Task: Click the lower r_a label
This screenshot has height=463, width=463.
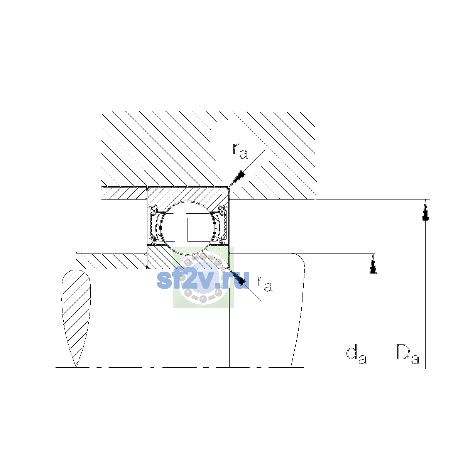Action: pos(265,284)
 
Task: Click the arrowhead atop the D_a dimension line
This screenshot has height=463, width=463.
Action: pos(425,210)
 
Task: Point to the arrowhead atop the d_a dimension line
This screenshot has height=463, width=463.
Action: pos(373,264)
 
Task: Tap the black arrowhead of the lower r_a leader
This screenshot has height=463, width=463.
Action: pos(238,277)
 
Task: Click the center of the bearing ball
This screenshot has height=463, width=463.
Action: pos(188,228)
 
